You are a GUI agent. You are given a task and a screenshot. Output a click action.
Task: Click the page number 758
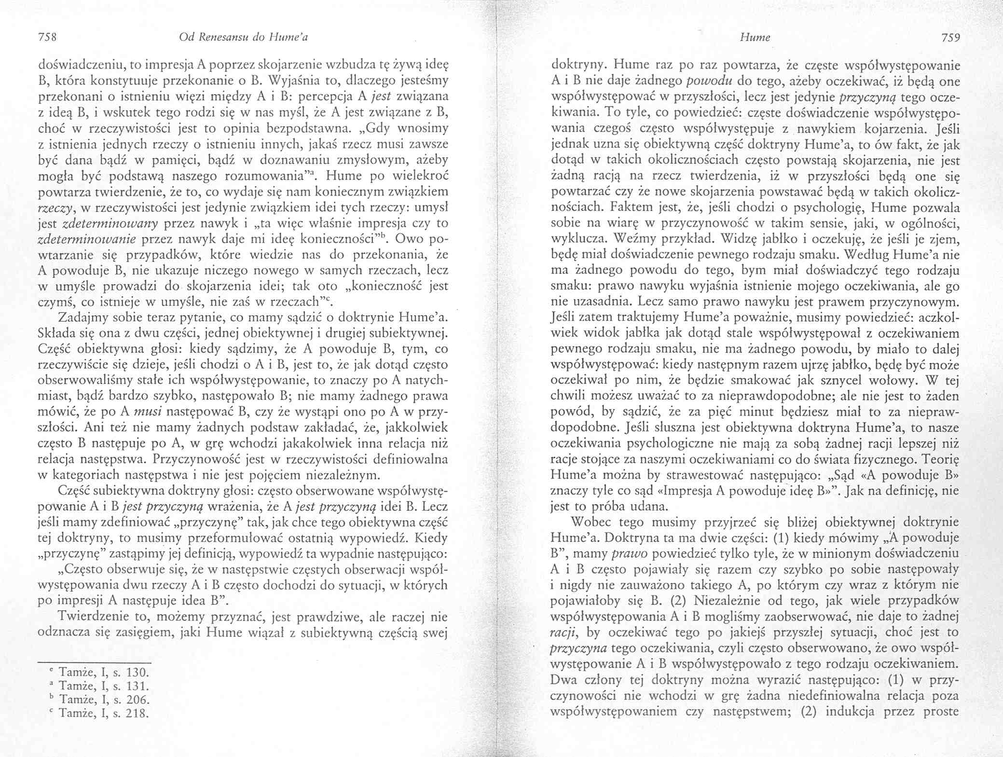click(x=48, y=37)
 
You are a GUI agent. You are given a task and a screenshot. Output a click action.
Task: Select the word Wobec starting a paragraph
click(x=589, y=522)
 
